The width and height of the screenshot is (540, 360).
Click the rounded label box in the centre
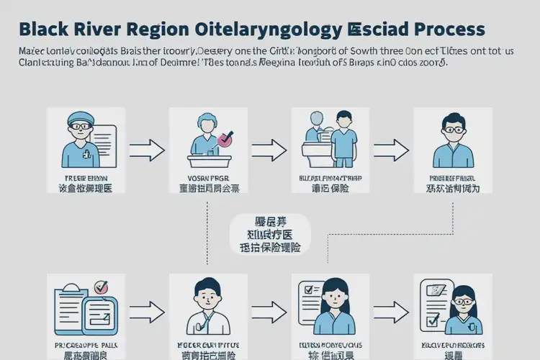(269, 234)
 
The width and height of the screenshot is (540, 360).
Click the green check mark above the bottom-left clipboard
(101, 286)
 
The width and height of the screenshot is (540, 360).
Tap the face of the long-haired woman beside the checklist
(332, 297)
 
